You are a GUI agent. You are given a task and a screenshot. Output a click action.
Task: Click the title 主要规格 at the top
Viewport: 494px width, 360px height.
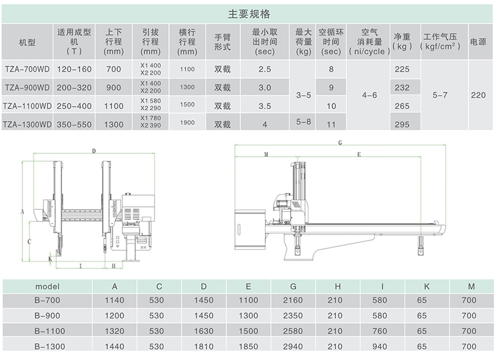tap(249, 14)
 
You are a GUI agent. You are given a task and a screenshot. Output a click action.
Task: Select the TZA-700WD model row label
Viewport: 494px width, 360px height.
tap(27, 69)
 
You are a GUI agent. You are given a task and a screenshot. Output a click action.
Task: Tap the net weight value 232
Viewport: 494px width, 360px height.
tap(402, 87)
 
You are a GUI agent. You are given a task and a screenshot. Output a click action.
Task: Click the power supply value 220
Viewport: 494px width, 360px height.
tap(478, 95)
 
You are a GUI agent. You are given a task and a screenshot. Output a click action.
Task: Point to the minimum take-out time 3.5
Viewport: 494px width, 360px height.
tap(264, 106)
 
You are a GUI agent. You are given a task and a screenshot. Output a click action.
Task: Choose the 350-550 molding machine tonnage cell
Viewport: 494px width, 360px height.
tap(74, 124)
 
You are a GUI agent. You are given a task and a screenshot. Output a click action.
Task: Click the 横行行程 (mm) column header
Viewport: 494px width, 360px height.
tap(187, 42)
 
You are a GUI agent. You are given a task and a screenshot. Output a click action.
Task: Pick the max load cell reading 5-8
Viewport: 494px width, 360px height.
tap(304, 122)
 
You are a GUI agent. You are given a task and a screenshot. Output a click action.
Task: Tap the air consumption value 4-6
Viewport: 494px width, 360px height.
tap(369, 95)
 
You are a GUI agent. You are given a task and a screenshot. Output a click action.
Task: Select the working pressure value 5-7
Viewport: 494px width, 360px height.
tap(440, 95)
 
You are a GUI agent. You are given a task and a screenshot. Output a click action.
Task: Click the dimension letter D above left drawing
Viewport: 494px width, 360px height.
tap(94, 151)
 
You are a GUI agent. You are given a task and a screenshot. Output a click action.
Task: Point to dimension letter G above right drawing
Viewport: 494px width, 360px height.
tap(340, 143)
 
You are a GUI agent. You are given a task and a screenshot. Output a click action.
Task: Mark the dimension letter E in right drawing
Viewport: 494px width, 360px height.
tap(359, 154)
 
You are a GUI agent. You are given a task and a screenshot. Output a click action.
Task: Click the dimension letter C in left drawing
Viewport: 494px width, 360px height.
tap(30, 241)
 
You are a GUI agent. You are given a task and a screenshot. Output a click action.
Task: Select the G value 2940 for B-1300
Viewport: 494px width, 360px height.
tap(293, 347)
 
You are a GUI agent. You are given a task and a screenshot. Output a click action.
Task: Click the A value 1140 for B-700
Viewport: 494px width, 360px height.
tap(114, 300)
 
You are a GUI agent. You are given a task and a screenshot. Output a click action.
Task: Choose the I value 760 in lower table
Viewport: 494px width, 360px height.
tap(380, 331)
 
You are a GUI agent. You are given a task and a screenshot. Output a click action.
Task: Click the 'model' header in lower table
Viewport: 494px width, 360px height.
tap(47, 286)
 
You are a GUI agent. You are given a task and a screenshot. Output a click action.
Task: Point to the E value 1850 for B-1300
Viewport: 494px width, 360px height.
tap(248, 347)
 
